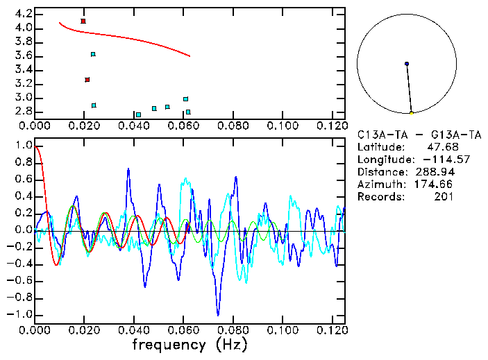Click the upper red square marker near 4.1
click(x=83, y=22)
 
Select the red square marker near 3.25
click(x=87, y=80)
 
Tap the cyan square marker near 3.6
click(x=93, y=54)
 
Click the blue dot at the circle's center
click(x=407, y=64)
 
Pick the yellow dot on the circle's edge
click(x=412, y=113)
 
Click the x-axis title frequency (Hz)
click(x=190, y=345)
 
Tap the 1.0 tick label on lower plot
click(x=23, y=146)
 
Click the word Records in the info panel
click(x=379, y=196)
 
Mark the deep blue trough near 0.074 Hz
click(x=218, y=314)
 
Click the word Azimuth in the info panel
click(x=379, y=184)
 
